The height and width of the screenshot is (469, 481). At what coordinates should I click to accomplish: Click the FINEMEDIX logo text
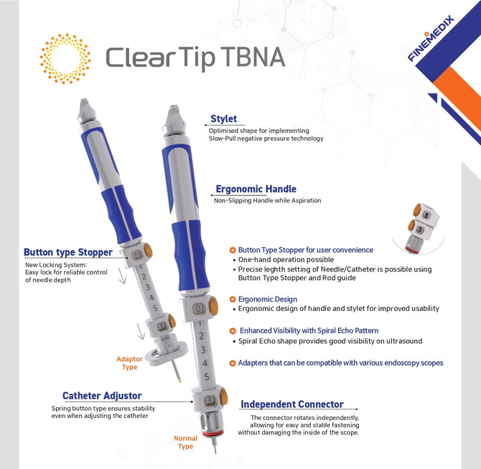[430, 38]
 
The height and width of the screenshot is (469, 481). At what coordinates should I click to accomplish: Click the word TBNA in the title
[253, 57]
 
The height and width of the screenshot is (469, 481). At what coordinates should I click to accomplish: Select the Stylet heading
[223, 119]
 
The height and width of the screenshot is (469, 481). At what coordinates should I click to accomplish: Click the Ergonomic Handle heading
[256, 189]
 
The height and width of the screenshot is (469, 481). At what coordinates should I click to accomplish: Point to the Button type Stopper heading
[68, 252]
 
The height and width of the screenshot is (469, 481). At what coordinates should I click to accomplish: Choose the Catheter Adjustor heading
[102, 396]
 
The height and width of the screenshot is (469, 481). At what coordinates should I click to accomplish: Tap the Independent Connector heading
[291, 404]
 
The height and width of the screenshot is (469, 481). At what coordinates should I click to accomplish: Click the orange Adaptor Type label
[129, 363]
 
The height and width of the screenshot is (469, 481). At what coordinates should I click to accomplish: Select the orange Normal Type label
[185, 442]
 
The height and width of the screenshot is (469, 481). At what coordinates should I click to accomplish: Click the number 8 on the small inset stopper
[426, 215]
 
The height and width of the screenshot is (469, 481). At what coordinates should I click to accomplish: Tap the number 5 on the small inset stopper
[420, 230]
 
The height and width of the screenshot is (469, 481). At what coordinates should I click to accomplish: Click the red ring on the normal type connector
[213, 433]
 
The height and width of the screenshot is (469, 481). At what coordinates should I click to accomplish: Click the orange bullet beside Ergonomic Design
[233, 299]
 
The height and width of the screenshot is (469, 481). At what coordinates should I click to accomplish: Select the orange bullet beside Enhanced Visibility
[233, 331]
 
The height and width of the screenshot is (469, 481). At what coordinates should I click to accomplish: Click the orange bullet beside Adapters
[233, 363]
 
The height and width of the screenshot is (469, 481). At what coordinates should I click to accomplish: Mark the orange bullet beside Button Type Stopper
[233, 250]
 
